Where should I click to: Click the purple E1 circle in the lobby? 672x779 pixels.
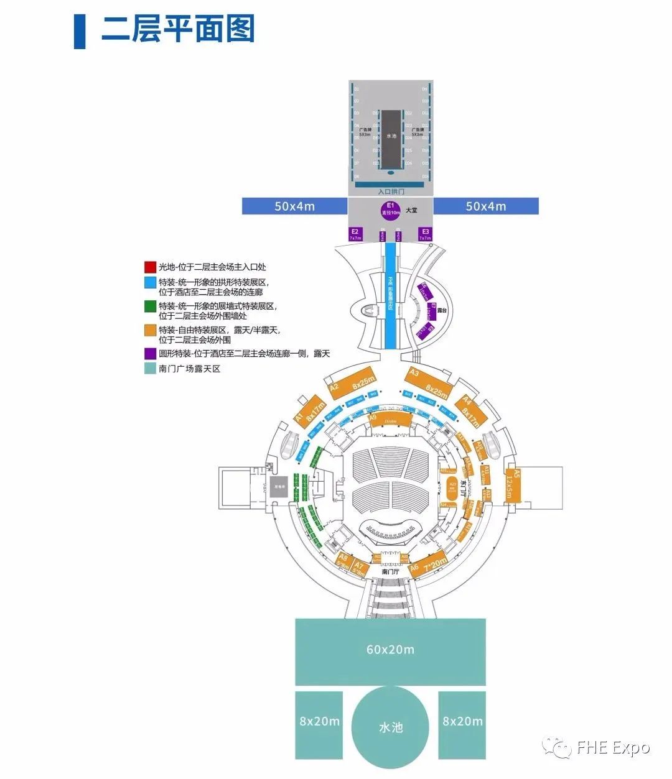point(391,210)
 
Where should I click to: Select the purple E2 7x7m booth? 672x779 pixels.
point(355,234)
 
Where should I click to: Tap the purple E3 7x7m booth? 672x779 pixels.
point(425,234)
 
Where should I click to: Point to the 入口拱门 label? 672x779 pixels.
point(391,191)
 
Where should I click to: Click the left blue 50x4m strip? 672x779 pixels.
point(294,206)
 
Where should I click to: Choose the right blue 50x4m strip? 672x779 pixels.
point(485,206)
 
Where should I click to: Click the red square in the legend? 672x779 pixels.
point(149,267)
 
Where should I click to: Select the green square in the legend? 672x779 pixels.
point(149,307)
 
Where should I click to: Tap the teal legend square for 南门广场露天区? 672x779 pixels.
point(149,369)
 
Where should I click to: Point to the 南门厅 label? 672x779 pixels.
point(391,571)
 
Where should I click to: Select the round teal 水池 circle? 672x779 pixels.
point(390,727)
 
